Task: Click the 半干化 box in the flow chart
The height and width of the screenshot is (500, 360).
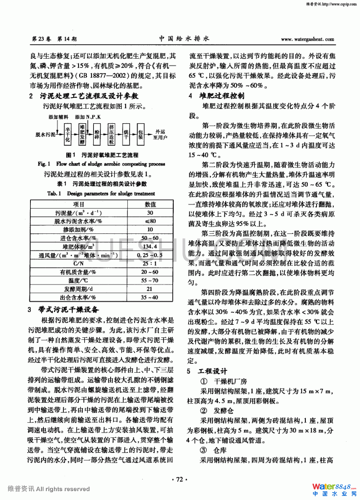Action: (68, 134)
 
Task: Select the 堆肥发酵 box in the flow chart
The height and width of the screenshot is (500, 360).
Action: (82, 134)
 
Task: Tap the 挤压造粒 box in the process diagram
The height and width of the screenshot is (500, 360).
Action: (111, 134)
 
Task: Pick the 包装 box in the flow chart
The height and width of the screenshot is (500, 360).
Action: (140, 134)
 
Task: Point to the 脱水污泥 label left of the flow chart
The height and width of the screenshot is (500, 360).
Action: (45, 134)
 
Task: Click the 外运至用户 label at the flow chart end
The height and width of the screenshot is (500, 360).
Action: (160, 134)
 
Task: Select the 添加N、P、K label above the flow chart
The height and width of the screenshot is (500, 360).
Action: (88, 117)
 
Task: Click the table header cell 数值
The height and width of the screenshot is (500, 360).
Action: (150, 204)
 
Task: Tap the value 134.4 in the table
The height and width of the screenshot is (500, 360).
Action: (150, 246)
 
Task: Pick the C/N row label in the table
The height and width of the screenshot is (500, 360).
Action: (78, 263)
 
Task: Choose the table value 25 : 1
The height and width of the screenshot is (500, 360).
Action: (150, 263)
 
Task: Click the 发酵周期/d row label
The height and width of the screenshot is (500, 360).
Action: (78, 289)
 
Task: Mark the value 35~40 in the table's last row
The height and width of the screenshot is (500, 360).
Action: (150, 297)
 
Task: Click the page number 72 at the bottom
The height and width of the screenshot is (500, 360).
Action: (180, 479)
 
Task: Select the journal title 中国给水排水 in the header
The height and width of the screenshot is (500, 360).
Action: (184, 39)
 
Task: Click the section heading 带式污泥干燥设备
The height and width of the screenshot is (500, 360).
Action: (69, 309)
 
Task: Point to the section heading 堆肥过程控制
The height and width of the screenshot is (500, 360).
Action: (222, 96)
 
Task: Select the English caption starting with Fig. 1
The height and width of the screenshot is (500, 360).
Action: (101, 164)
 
